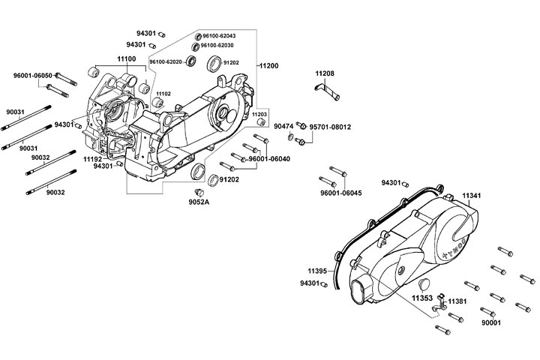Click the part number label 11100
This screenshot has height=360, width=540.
pos(126,58)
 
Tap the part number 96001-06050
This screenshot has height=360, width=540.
pos(32,76)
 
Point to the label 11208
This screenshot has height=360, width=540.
pos(325,73)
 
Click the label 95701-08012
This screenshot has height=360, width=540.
pos(330,127)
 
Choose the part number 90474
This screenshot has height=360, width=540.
pos(283,127)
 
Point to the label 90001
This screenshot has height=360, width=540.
pos(490,322)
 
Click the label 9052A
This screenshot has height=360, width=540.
pos(199,202)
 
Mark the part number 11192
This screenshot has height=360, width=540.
pos(92,159)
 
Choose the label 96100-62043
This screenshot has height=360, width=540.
pos(219,36)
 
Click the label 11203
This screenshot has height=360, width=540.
pos(259,115)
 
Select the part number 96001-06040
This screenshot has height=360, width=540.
pos(268,159)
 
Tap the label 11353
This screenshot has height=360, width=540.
pos(421,298)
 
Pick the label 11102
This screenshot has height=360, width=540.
pos(163,94)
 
